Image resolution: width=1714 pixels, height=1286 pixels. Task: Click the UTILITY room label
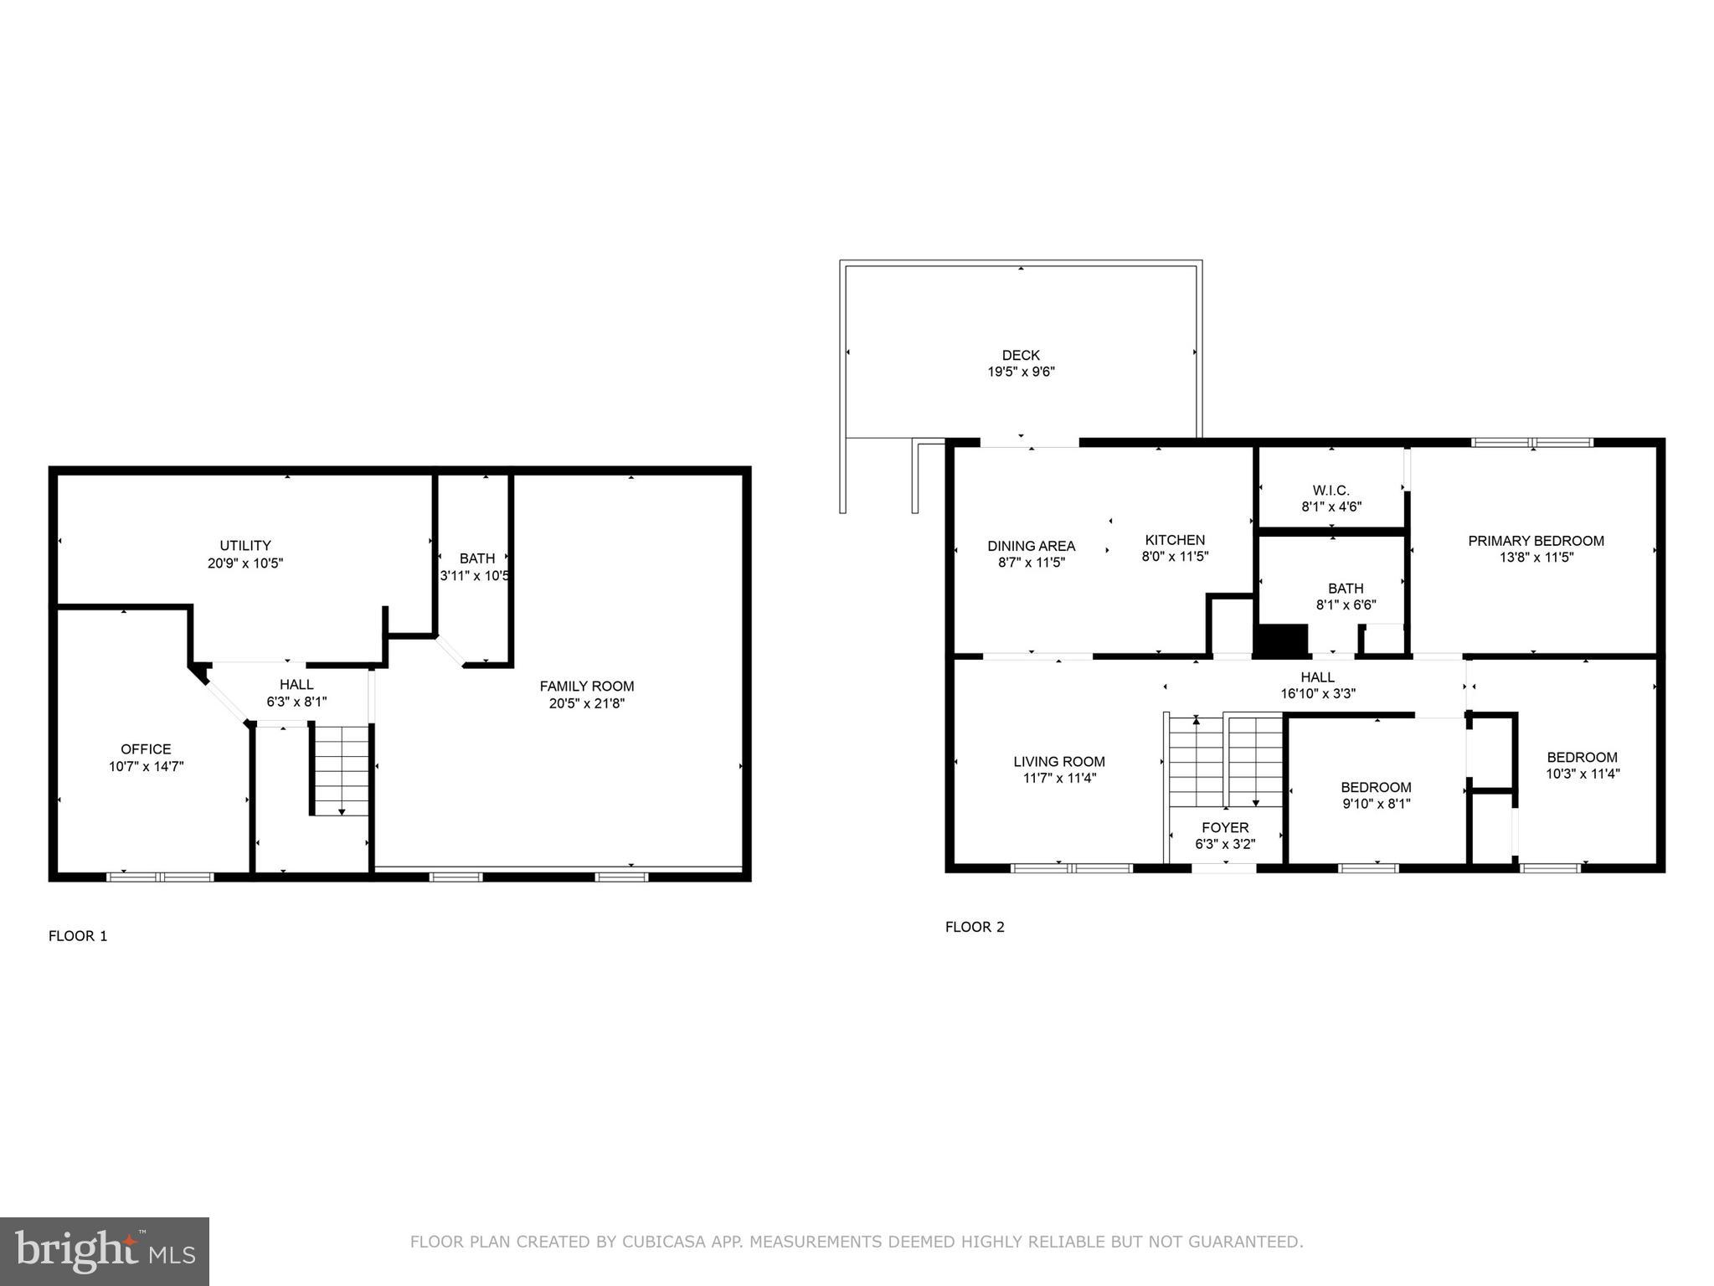[x=245, y=545]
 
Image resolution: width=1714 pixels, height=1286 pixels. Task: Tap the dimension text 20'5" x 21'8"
[x=586, y=704]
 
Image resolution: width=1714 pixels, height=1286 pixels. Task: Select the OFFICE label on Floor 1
[x=146, y=749]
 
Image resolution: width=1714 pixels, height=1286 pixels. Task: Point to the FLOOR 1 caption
[x=78, y=936]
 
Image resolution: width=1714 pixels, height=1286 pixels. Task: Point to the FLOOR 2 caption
[x=975, y=927]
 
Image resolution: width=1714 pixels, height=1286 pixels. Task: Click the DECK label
[x=1021, y=355]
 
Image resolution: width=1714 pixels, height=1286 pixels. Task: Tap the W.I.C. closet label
[x=1331, y=491]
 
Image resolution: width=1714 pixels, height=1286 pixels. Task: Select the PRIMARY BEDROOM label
[x=1536, y=541]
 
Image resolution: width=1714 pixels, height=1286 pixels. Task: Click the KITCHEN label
[x=1175, y=540]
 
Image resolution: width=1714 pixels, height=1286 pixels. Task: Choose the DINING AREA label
[x=1031, y=546]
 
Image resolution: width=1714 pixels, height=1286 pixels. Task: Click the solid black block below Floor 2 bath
[x=1280, y=640]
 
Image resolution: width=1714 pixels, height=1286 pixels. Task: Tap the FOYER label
[x=1225, y=828]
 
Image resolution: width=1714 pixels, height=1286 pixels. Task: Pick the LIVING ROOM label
[x=1059, y=762]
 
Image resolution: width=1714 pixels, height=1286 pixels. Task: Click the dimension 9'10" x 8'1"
[x=1376, y=805]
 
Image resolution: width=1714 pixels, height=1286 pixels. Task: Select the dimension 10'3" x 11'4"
[x=1583, y=774]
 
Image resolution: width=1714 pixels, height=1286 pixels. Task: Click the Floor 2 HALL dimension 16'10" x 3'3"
[x=1318, y=694]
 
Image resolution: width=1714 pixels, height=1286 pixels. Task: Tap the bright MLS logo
[x=105, y=1252]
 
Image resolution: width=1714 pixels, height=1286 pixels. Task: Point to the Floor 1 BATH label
[x=476, y=558]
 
